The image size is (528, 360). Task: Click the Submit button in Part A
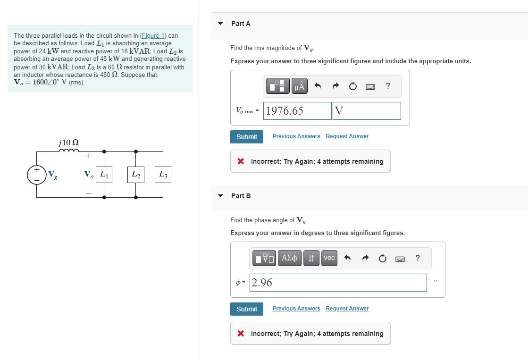pos(246,137)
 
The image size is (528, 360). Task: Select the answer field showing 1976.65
pos(297,111)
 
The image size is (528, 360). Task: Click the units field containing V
pos(367,111)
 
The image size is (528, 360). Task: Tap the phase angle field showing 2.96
pos(338,283)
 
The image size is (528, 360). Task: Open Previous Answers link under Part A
pos(296,136)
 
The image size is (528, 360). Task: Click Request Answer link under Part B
pos(347,309)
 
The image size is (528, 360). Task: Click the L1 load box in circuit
pos(104,175)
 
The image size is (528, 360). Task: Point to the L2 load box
pos(136,175)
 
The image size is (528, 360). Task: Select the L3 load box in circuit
pos(163,175)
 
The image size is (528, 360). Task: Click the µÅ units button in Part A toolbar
pos(299,86)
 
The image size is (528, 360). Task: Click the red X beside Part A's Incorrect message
pos(241,161)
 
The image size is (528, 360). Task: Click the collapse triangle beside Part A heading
pos(220,24)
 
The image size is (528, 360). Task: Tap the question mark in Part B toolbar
pos(417,258)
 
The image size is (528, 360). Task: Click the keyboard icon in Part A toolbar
pos(370,86)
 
